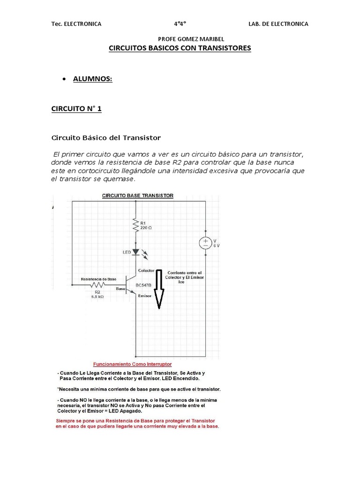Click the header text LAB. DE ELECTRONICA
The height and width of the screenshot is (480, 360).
278,24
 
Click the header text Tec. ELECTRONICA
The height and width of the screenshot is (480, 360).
76,24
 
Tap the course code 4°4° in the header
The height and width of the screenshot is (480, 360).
180,24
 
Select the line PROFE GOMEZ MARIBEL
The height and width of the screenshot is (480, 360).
185,39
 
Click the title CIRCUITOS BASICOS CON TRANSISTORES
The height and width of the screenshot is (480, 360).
180,48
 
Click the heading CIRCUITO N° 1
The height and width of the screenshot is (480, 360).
76,109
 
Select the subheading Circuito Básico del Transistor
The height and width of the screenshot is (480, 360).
105,138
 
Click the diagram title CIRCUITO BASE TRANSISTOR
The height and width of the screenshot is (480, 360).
138,196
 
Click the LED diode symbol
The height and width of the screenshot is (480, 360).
135,252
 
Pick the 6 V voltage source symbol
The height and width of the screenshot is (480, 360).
205,243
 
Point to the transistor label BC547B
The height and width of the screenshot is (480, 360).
143,285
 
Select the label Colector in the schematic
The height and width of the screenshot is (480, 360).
146,270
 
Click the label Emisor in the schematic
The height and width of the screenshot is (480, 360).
145,296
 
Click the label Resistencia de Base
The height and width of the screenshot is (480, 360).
98,279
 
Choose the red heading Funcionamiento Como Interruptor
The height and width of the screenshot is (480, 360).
133,364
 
